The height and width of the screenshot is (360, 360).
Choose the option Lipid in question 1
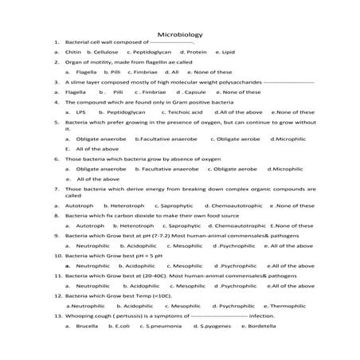(x=229, y=51)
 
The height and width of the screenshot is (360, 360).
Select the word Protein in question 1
(x=196, y=51)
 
